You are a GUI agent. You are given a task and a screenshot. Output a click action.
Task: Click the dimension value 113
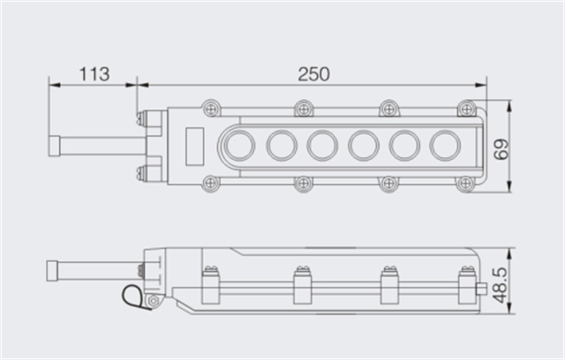94,74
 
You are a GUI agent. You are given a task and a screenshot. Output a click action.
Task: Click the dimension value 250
313,74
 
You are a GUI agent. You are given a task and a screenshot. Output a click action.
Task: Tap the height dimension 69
502,147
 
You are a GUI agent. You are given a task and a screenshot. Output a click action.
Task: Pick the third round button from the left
322,145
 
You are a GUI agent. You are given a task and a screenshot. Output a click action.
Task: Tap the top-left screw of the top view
210,108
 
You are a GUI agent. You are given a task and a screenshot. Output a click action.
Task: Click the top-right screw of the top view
465,108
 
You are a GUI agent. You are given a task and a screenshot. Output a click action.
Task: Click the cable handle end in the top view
56,144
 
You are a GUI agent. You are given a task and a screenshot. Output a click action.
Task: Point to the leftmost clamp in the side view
211,284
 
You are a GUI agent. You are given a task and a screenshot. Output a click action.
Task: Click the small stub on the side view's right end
482,289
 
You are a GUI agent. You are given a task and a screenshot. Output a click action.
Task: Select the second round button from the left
282,145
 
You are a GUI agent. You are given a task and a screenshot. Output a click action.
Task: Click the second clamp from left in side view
302,284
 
